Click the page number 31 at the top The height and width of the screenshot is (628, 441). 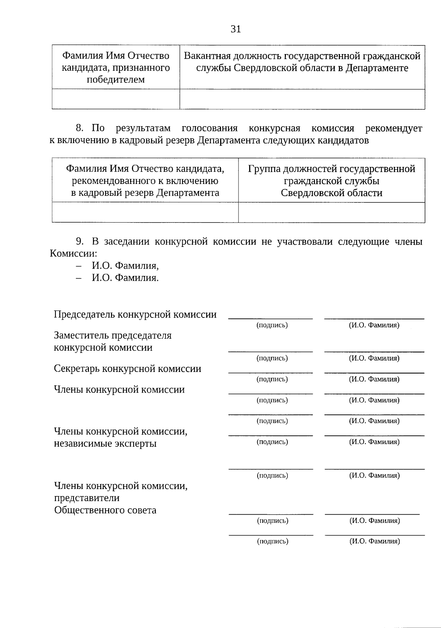236,29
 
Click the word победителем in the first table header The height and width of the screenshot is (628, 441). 116,79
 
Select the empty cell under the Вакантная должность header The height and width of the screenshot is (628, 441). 302,99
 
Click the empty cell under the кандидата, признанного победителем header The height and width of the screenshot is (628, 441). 116,99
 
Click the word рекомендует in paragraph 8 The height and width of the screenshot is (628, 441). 394,128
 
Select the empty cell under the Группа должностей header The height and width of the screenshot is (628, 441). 331,212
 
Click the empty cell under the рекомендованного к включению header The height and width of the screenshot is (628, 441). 145,212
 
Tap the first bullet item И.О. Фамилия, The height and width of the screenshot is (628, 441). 125,265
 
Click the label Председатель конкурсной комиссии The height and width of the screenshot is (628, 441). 135,315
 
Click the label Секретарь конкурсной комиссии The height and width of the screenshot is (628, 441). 128,369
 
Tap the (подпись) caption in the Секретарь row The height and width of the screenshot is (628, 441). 272,379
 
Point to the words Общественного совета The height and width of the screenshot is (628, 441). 105,510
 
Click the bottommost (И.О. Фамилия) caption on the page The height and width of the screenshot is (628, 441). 374,541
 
